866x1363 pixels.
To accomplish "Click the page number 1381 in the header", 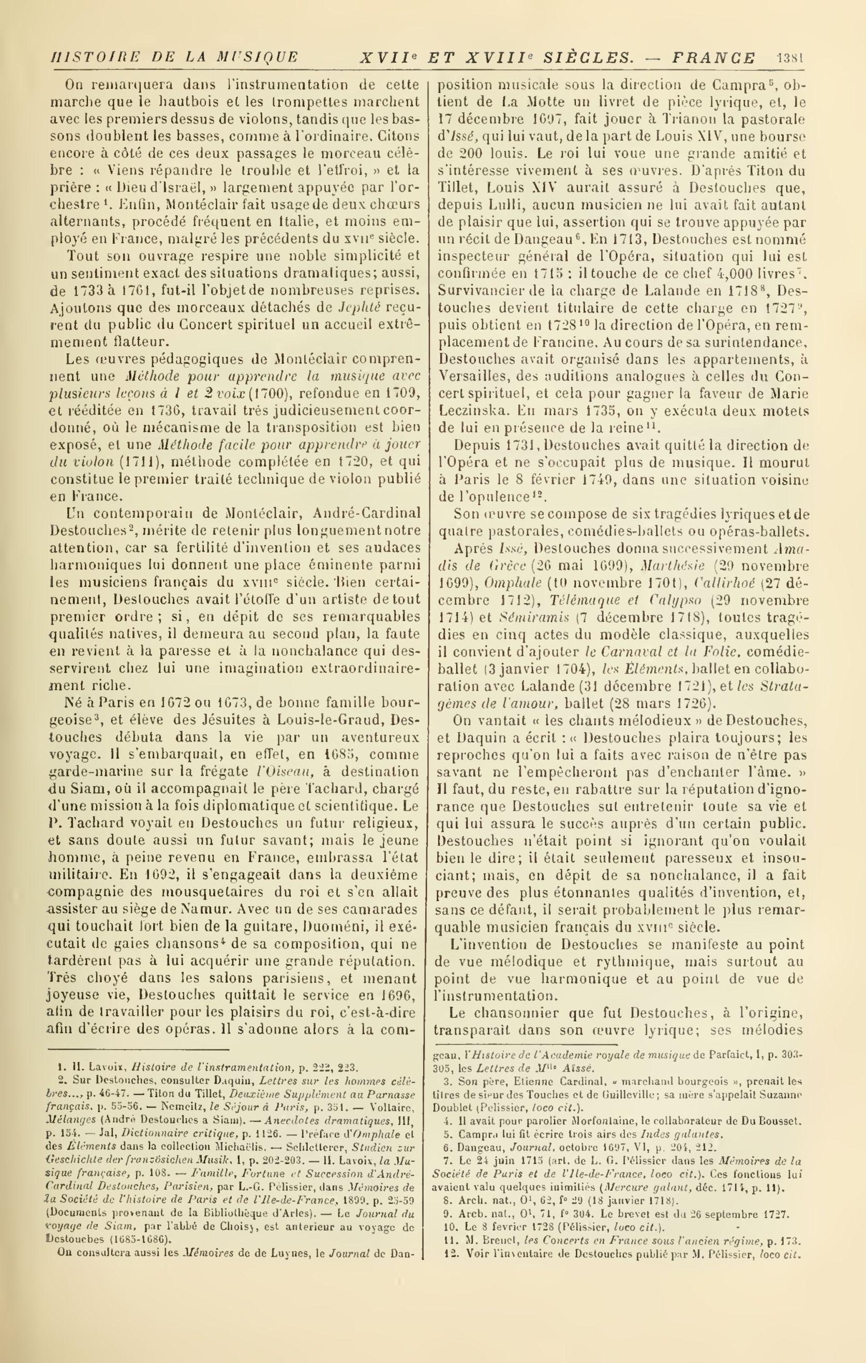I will [790, 58].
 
